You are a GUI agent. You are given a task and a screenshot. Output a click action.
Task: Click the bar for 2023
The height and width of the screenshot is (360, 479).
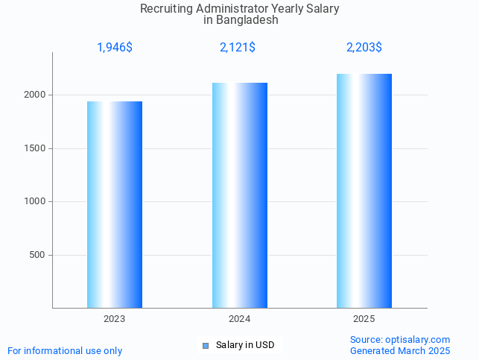[115, 205]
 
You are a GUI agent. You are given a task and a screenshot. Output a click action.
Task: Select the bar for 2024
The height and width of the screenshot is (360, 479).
[239, 195]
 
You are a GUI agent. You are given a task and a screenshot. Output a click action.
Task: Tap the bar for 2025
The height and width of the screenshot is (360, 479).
[364, 191]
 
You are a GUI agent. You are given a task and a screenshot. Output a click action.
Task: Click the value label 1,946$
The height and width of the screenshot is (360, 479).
[115, 48]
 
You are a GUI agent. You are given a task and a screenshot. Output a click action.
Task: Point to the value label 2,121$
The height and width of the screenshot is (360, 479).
[238, 48]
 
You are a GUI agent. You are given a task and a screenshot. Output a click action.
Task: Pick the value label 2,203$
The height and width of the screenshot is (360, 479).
[364, 48]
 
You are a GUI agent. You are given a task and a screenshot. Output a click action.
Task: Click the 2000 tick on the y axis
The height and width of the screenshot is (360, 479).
[36, 95]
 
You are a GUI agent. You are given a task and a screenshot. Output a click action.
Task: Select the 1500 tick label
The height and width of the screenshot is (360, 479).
[36, 148]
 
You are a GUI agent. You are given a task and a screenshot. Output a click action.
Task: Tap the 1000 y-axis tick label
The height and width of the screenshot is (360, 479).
[36, 201]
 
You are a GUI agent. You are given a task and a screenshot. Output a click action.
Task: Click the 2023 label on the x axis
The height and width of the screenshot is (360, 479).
[115, 319]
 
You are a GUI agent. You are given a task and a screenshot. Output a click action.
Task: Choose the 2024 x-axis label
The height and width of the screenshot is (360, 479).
[239, 319]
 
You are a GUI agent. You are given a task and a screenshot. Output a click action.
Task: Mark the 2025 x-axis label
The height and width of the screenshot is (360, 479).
[364, 319]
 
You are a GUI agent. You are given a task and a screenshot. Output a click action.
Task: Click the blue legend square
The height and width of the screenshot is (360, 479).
[206, 345]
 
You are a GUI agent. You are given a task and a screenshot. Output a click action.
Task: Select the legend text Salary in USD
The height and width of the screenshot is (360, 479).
[245, 345]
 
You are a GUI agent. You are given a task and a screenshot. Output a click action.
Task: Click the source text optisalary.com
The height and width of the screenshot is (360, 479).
[418, 339]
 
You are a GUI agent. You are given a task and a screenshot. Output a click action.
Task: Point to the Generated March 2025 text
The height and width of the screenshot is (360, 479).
[400, 350]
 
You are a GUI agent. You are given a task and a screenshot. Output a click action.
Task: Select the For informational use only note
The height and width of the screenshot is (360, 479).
[65, 350]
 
